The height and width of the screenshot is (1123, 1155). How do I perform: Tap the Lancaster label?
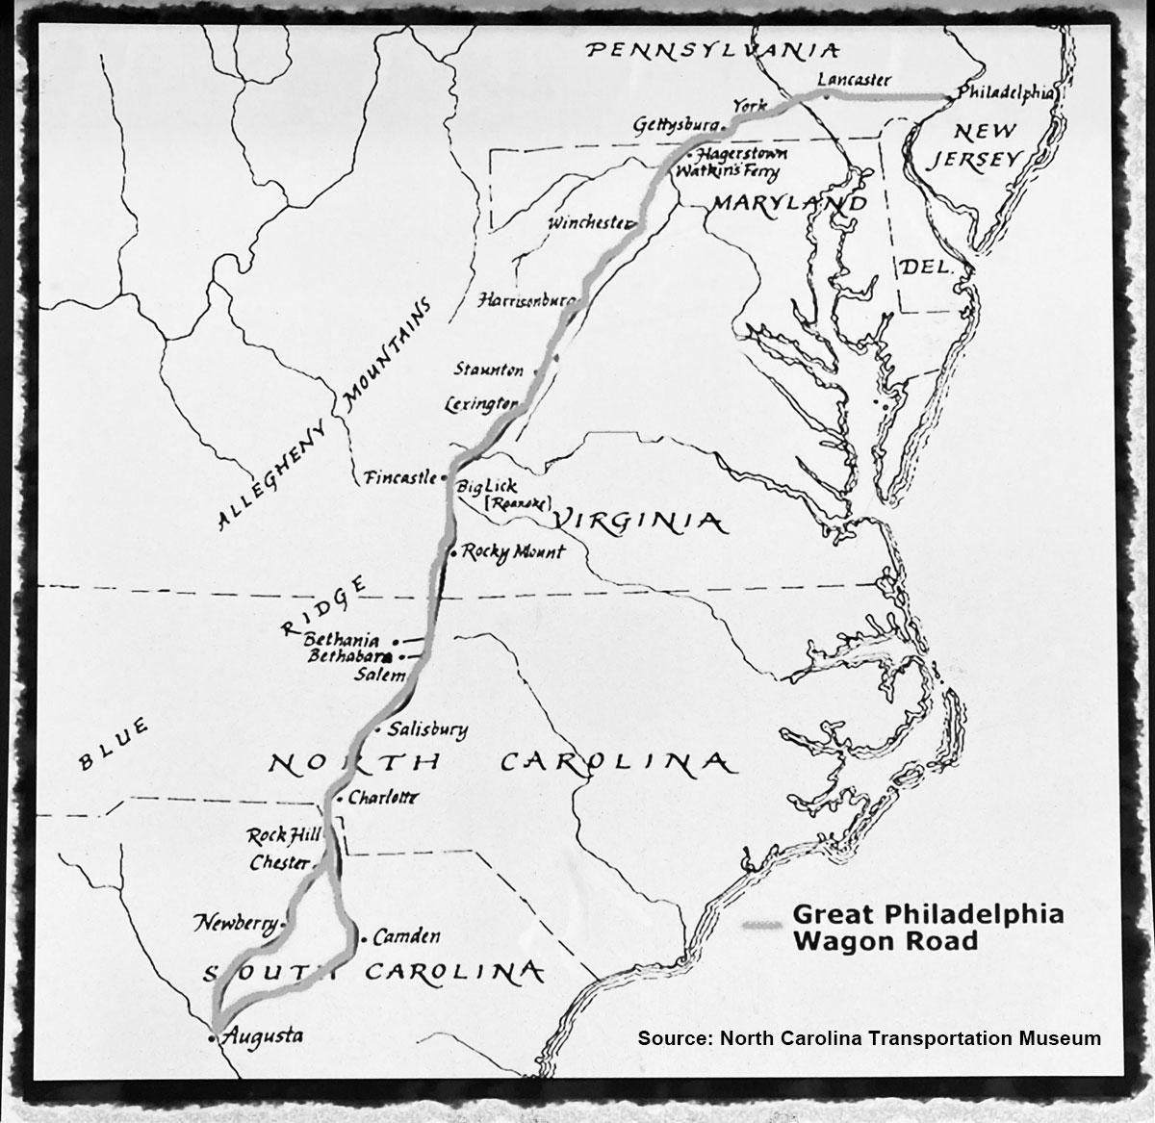pyautogui.click(x=853, y=80)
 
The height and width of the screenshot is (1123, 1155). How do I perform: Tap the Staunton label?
pyautogui.click(x=489, y=370)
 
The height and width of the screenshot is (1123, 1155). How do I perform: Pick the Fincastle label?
pyautogui.click(x=399, y=476)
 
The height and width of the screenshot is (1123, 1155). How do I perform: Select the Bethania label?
pyautogui.click(x=341, y=640)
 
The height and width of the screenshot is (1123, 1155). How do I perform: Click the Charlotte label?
pyautogui.click(x=384, y=798)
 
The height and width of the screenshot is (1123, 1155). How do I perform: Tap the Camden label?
pyautogui.click(x=406, y=935)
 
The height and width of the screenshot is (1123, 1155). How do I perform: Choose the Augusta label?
pyautogui.click(x=262, y=1036)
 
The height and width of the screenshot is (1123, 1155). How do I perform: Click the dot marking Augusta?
pyautogui.click(x=213, y=1039)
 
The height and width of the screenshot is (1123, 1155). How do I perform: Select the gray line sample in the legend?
pyautogui.click(x=764, y=926)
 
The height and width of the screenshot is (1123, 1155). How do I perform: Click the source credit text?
pyautogui.click(x=869, y=1038)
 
